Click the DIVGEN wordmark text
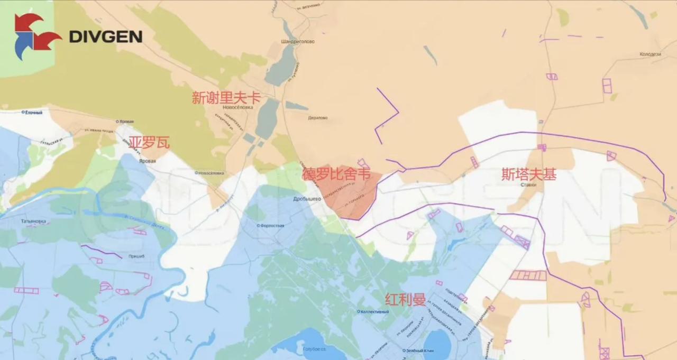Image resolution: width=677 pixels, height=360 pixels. (x=105, y=36)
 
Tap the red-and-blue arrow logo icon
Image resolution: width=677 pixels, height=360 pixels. (x=36, y=36)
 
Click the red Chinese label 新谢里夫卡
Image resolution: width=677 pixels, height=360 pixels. (x=226, y=97)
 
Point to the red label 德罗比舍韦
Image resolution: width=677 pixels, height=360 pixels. (x=336, y=174)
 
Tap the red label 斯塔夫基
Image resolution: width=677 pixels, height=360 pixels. (x=529, y=174)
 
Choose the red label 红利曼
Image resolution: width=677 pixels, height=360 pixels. (x=406, y=300)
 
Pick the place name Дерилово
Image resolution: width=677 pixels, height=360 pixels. (x=317, y=118)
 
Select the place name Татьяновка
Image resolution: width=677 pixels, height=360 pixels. (x=33, y=221)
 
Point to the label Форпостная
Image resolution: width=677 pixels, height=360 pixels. (x=271, y=225)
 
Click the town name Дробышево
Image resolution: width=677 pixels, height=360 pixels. (x=307, y=199)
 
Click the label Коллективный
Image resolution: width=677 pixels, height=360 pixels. (x=374, y=311)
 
